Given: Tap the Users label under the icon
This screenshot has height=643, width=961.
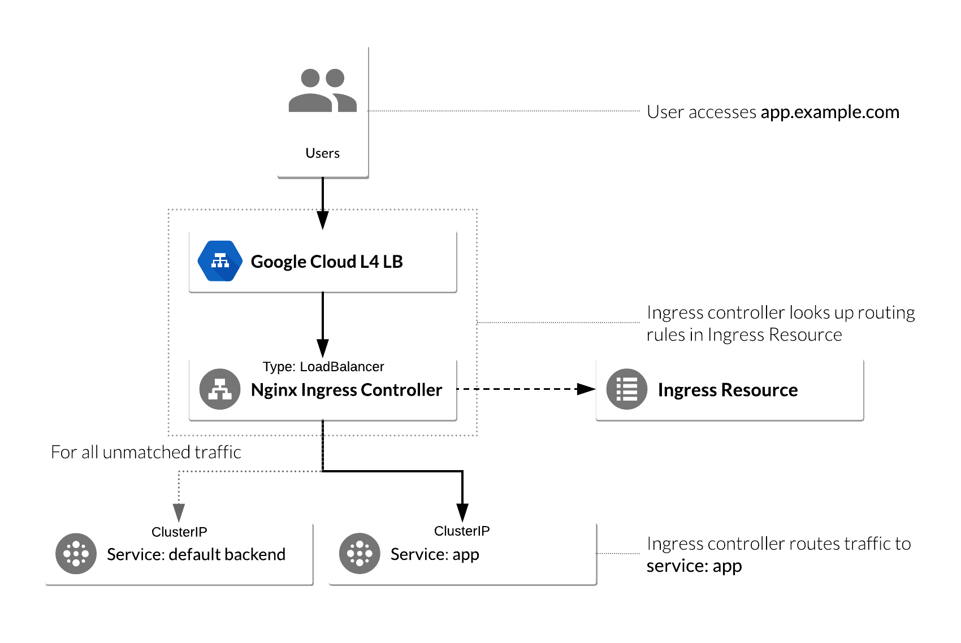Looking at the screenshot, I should click(322, 153).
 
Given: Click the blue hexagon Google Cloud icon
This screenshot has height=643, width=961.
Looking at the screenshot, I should click(220, 261).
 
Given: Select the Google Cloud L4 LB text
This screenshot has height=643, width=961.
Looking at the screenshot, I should click(327, 262).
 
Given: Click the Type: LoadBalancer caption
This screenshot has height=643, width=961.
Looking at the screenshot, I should click(323, 367).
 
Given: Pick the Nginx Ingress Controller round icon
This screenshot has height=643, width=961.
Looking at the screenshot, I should click(220, 389).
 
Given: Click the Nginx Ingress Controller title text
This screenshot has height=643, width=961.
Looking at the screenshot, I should click(346, 390).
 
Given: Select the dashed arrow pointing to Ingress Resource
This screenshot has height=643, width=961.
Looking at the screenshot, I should click(526, 389).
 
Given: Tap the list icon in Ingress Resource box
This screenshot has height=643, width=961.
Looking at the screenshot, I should click(626, 389).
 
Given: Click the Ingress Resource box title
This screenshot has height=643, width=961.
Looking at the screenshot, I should click(728, 390).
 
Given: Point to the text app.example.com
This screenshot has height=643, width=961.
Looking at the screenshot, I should click(830, 112).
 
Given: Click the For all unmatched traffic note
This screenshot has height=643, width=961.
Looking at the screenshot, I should click(146, 452).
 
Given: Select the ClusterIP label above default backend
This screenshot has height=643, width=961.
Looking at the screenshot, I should click(179, 532).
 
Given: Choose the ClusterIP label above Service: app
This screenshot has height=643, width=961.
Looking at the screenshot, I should click(462, 531).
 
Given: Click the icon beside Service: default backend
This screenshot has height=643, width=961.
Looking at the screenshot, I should click(76, 554).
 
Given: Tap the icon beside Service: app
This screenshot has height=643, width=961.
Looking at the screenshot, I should click(360, 554).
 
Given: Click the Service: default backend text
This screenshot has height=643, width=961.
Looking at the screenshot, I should click(196, 554).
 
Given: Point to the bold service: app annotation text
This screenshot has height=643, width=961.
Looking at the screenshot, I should click(694, 566).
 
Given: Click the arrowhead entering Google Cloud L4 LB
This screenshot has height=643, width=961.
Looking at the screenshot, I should click(322, 220).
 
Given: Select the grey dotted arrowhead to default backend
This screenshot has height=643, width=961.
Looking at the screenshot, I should click(179, 512).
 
